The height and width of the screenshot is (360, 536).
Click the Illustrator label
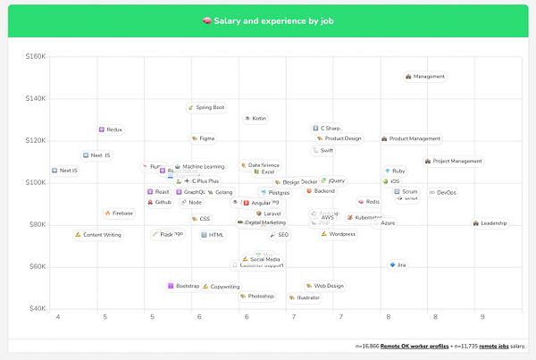pos(304,297)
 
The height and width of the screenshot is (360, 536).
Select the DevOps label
pos(443,192)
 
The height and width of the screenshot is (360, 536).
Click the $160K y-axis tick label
pos(37,56)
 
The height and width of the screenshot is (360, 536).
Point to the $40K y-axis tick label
pos(37,309)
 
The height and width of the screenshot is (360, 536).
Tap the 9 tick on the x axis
pos(482,317)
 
